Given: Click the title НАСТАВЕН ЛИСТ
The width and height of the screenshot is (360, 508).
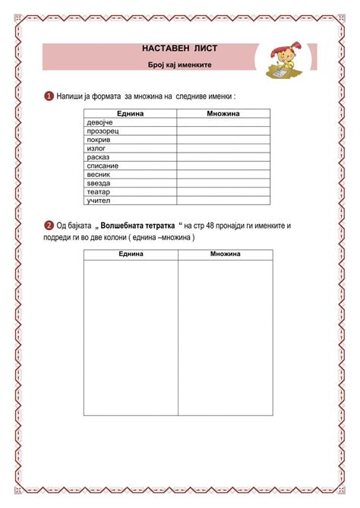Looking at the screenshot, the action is (179, 48).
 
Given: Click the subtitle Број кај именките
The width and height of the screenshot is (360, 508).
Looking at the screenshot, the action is (179, 65).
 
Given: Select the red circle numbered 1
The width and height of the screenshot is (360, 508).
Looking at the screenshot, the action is (49, 96).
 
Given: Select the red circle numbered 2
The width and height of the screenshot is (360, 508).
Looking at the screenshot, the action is (49, 226).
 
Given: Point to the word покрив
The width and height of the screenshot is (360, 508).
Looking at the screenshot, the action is (99, 140).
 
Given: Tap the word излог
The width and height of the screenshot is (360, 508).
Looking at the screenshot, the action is (96, 148).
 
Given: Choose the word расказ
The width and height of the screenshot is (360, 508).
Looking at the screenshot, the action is (99, 157).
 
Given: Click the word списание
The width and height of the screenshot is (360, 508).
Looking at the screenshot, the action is (103, 166).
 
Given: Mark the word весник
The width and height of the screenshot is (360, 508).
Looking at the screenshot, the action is (99, 174).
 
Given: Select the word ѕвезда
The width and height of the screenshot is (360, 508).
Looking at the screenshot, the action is (99, 183).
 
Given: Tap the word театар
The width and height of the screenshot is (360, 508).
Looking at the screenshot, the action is (99, 192).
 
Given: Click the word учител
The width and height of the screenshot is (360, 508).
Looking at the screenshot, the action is (99, 200).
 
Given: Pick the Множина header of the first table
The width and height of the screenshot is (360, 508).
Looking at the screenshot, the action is (223, 113).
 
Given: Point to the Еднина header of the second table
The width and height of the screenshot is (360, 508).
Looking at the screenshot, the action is (131, 253).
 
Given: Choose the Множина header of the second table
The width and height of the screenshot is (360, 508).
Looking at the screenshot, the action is (226, 253).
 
